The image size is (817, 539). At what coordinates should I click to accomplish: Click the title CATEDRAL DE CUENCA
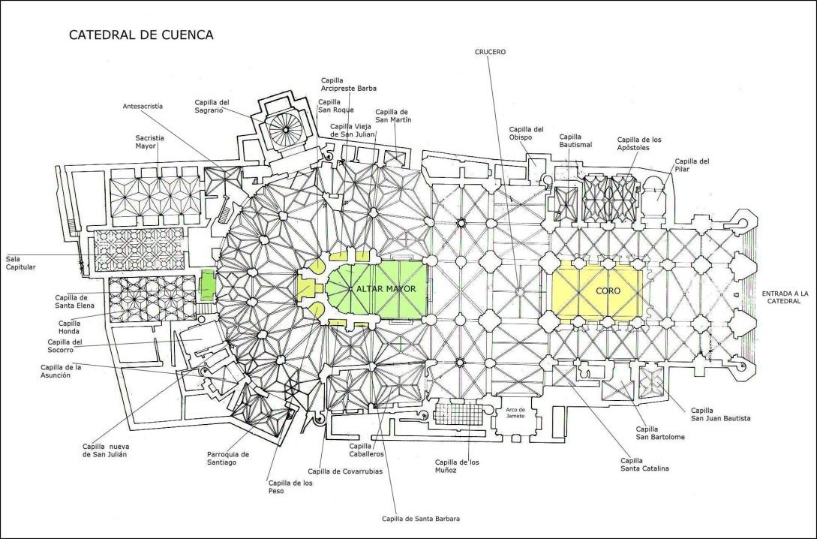141,35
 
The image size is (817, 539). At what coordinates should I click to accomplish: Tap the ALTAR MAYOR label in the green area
386,288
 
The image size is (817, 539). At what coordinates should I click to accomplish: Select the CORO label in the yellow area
598,290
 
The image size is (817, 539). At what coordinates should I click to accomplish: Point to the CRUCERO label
490,52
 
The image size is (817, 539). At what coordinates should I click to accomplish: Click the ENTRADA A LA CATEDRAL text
785,297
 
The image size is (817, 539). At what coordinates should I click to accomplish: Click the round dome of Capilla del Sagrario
286,130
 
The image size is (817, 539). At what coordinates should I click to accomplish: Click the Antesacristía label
143,107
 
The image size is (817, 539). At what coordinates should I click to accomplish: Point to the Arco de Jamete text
515,412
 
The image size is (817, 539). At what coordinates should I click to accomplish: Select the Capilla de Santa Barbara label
421,519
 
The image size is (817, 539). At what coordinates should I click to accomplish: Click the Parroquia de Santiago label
228,458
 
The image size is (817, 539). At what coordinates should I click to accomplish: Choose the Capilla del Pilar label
692,165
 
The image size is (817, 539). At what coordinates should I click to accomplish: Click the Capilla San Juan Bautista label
721,414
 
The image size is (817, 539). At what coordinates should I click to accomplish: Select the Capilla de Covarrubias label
345,471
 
